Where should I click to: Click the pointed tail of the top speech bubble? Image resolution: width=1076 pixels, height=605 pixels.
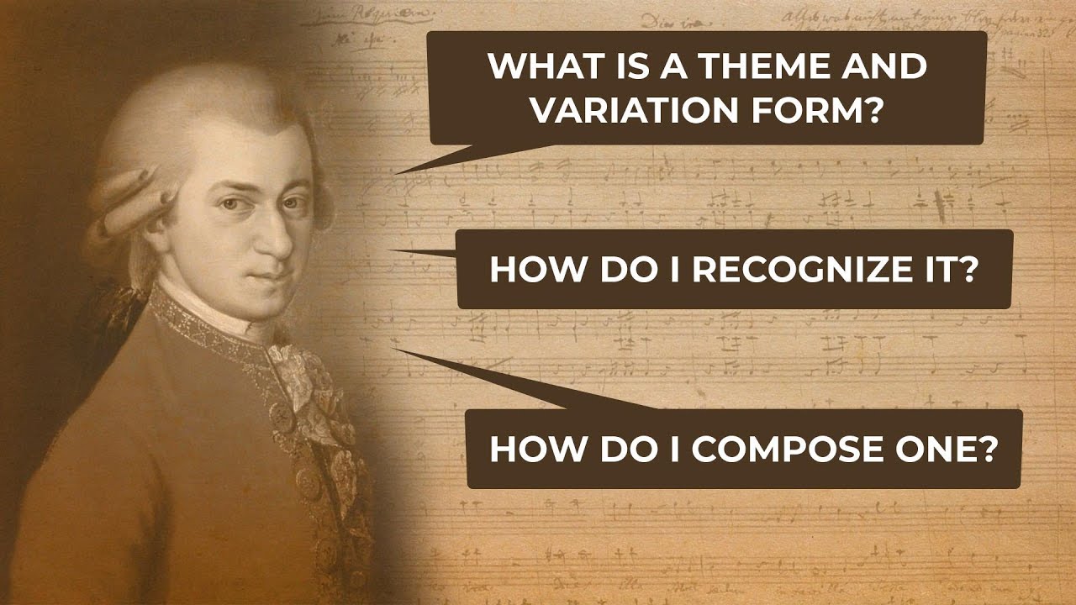point(403,171)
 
